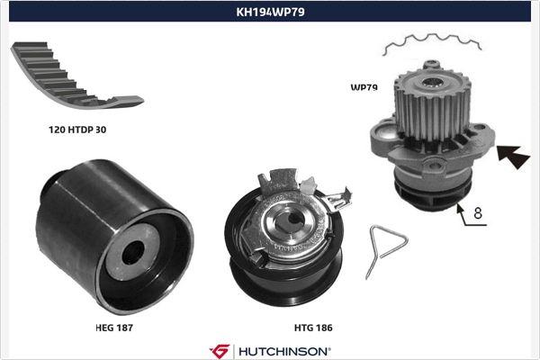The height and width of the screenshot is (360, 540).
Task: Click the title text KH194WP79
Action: (269, 13)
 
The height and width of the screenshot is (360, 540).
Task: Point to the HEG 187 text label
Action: (114, 328)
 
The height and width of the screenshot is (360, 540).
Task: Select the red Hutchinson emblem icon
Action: (220, 350)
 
